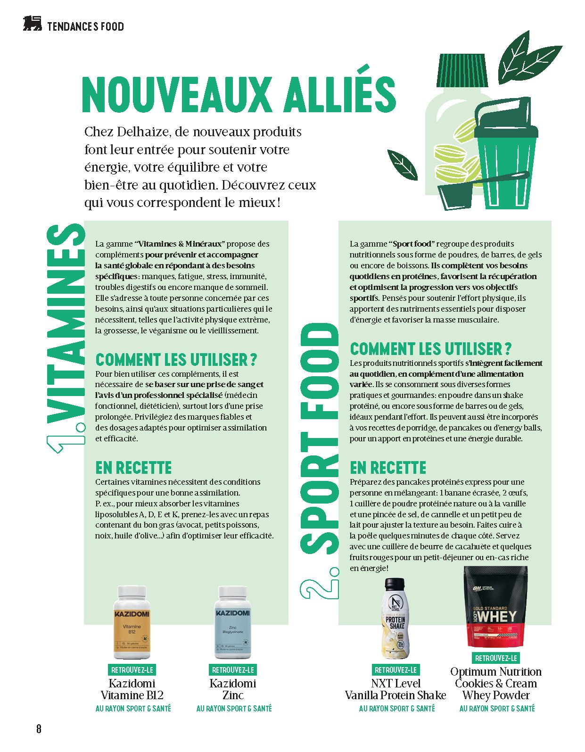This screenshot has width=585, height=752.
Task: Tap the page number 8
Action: coord(39,729)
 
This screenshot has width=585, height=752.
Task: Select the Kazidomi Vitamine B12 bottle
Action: coord(132,622)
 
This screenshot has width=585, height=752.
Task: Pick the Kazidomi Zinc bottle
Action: coord(232,622)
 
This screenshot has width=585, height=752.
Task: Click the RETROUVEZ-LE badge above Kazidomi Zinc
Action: coord(233,669)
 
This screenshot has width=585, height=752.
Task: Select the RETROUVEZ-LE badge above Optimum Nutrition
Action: coord(496,658)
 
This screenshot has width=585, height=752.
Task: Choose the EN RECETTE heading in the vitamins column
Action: coord(133,468)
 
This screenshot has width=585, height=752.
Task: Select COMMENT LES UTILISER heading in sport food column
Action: coord(430,349)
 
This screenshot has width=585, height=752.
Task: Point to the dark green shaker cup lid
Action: coord(503,114)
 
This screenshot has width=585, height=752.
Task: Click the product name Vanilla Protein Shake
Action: coord(395,695)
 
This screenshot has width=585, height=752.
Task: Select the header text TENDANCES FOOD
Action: coord(85,26)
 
